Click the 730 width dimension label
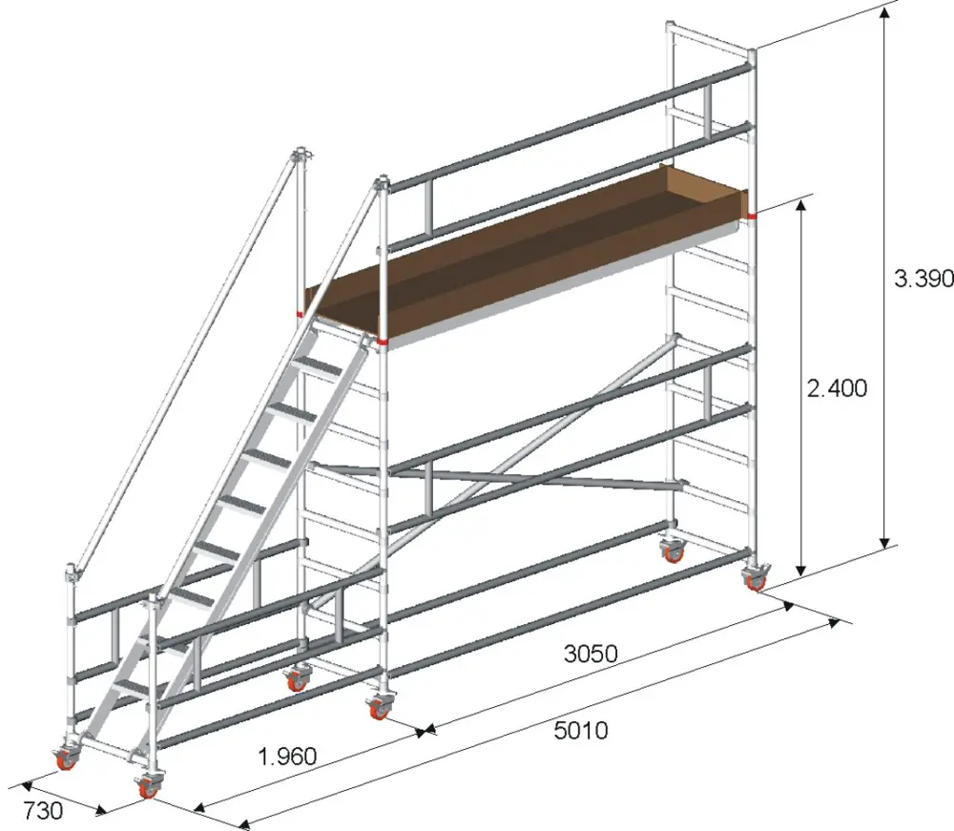pyautogui.click(x=43, y=810)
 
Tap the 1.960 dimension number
pyautogui.click(x=287, y=757)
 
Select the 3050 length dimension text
pyautogui.click(x=591, y=654)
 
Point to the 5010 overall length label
pyautogui.click(x=580, y=730)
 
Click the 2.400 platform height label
pyautogui.click(x=837, y=387)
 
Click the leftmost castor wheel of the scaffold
pyautogui.click(x=65, y=758)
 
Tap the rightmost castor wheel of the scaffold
pyautogui.click(x=756, y=577)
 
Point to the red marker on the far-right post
pyautogui.click(x=753, y=216)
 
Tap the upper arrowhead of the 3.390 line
pyautogui.click(x=885, y=10)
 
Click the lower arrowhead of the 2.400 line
pyautogui.click(x=801, y=570)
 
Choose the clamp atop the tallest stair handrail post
pyautogui.click(x=301, y=155)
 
